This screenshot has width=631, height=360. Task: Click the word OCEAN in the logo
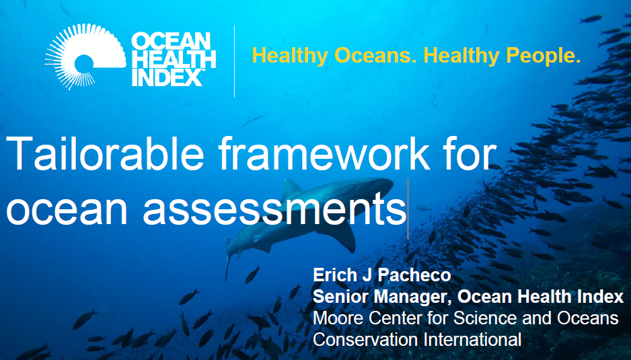[x=171, y=42]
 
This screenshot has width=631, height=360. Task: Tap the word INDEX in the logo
[x=168, y=77]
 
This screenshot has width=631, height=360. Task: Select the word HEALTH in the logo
[x=174, y=59]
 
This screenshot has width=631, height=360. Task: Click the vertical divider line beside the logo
[x=234, y=61]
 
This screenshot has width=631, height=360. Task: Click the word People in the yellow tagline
[x=544, y=55]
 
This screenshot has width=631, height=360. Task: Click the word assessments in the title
[x=275, y=208]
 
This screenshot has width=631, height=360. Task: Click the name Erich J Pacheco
[x=382, y=275]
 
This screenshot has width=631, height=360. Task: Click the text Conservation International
[x=417, y=339]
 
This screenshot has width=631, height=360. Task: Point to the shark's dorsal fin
[x=291, y=188]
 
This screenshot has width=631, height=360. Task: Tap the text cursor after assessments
[x=408, y=209]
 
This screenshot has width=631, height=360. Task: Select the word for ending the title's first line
[x=469, y=153]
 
